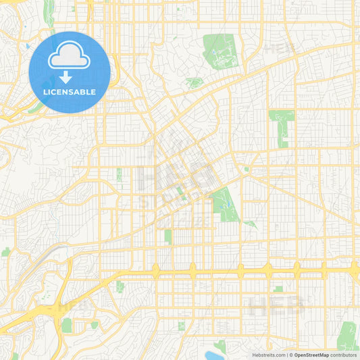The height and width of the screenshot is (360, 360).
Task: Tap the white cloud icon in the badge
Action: (x=70, y=56)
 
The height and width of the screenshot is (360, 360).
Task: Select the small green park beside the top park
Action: (x=195, y=83)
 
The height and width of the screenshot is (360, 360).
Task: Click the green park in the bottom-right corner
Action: (x=349, y=336)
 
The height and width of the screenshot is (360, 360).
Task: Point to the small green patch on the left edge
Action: (x=5, y=251)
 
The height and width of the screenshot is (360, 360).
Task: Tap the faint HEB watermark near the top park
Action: (x=276, y=49)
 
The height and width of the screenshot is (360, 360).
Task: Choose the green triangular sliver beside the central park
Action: (x=250, y=223)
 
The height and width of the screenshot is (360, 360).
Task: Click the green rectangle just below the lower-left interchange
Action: (x=66, y=326)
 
